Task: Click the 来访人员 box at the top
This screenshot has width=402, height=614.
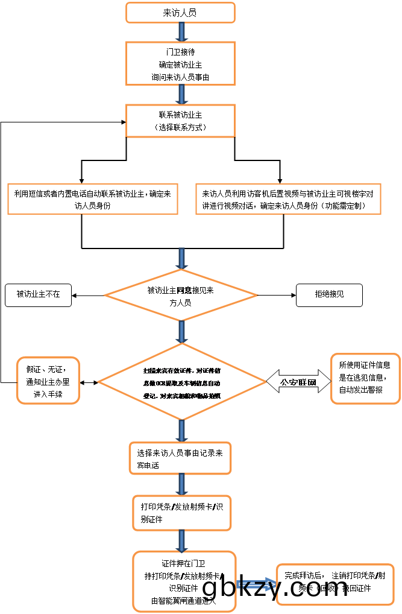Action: point(180,13)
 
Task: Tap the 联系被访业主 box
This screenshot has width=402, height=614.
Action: point(180,121)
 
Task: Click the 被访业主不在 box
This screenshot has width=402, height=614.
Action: point(38,295)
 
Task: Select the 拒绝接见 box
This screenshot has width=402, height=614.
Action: point(329,295)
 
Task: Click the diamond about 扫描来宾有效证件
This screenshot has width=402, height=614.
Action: point(181,382)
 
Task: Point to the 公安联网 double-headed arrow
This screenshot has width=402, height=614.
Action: point(298,382)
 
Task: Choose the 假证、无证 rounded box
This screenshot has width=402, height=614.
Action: point(48,381)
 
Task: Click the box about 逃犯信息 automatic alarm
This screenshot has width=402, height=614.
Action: point(365,378)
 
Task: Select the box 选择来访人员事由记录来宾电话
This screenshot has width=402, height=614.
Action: point(180,458)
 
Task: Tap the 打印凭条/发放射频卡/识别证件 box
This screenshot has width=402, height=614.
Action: point(181,513)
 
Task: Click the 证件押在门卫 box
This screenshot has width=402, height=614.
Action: point(183,581)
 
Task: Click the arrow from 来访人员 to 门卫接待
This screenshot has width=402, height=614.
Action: point(180,32)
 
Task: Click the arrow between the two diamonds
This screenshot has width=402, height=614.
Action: point(181,332)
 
